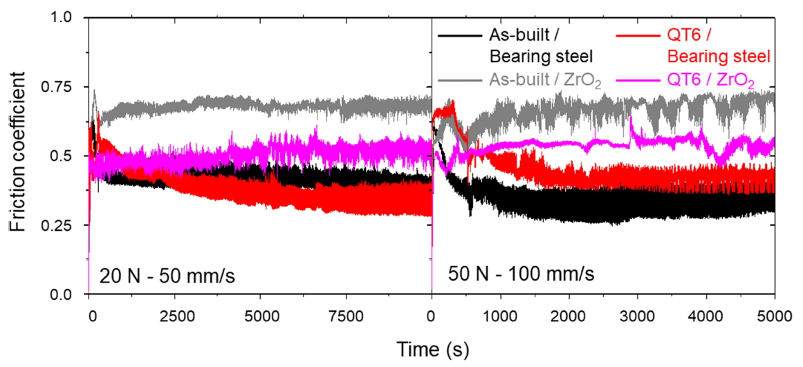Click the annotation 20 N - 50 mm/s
(x=166, y=275)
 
